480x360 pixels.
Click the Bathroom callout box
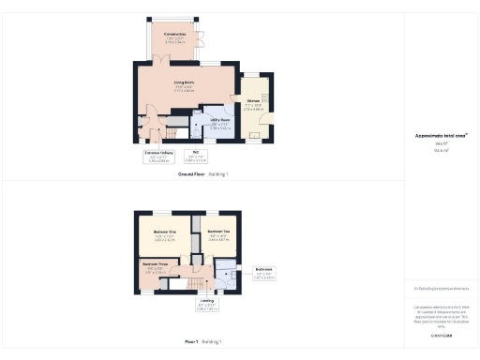(264, 275)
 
